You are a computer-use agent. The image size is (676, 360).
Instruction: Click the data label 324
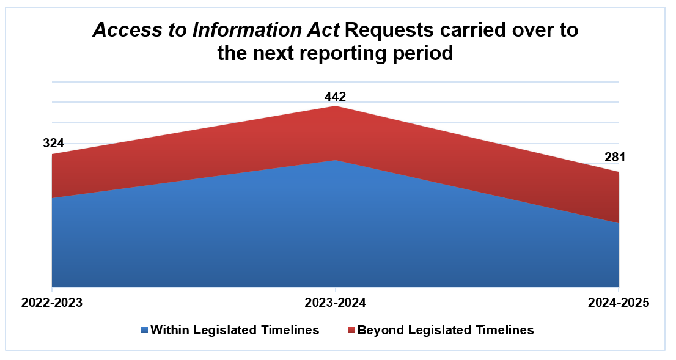pos(53,144)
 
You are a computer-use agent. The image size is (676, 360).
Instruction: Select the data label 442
pos(335,97)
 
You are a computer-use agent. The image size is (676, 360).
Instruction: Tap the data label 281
pos(615,158)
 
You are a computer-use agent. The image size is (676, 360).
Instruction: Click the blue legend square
pos(144,331)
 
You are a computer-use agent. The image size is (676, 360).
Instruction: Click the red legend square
pos(351,331)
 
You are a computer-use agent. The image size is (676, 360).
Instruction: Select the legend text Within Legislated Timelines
pos(235,330)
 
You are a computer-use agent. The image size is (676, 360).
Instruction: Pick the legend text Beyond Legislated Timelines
pos(446,330)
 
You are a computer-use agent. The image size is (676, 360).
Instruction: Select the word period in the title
pos(425,54)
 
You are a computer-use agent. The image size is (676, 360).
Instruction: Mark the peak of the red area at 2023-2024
pos(336,107)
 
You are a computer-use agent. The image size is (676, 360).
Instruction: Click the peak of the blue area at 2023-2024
pos(336,161)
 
